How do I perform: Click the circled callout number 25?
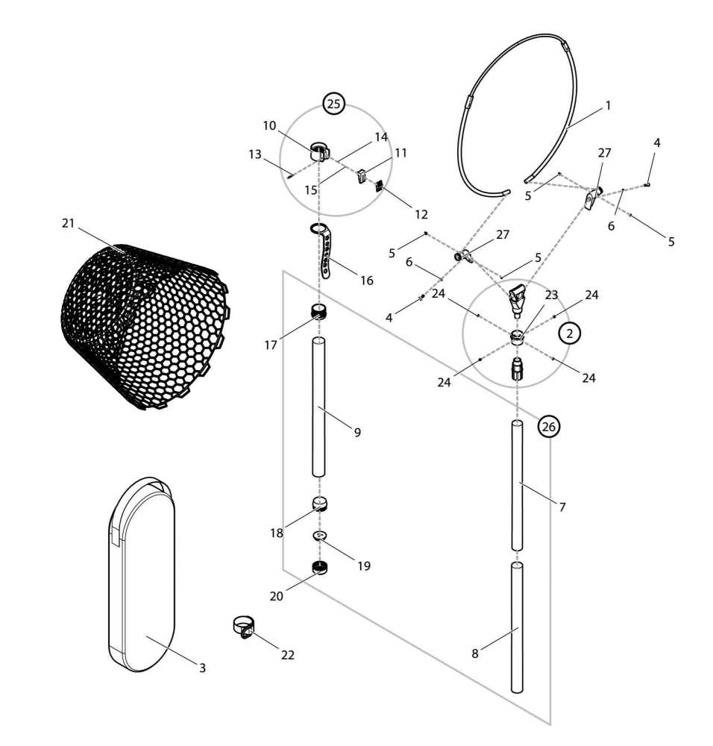(333, 103)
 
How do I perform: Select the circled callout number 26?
(548, 426)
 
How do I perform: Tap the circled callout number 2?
(570, 333)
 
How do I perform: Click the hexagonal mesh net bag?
(145, 327)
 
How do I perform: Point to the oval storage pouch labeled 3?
(142, 574)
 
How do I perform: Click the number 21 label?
(69, 222)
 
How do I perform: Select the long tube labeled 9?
(318, 407)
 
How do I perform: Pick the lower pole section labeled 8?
(517, 627)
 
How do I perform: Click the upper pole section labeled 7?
(517, 486)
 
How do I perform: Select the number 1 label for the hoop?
(607, 105)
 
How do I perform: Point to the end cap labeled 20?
(320, 568)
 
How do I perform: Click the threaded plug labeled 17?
(319, 312)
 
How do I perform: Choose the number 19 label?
(364, 565)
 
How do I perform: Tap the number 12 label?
(421, 215)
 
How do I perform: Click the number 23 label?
(551, 295)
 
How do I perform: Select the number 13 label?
(255, 154)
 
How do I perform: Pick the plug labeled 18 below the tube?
(320, 504)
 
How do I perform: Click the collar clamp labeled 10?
(320, 151)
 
